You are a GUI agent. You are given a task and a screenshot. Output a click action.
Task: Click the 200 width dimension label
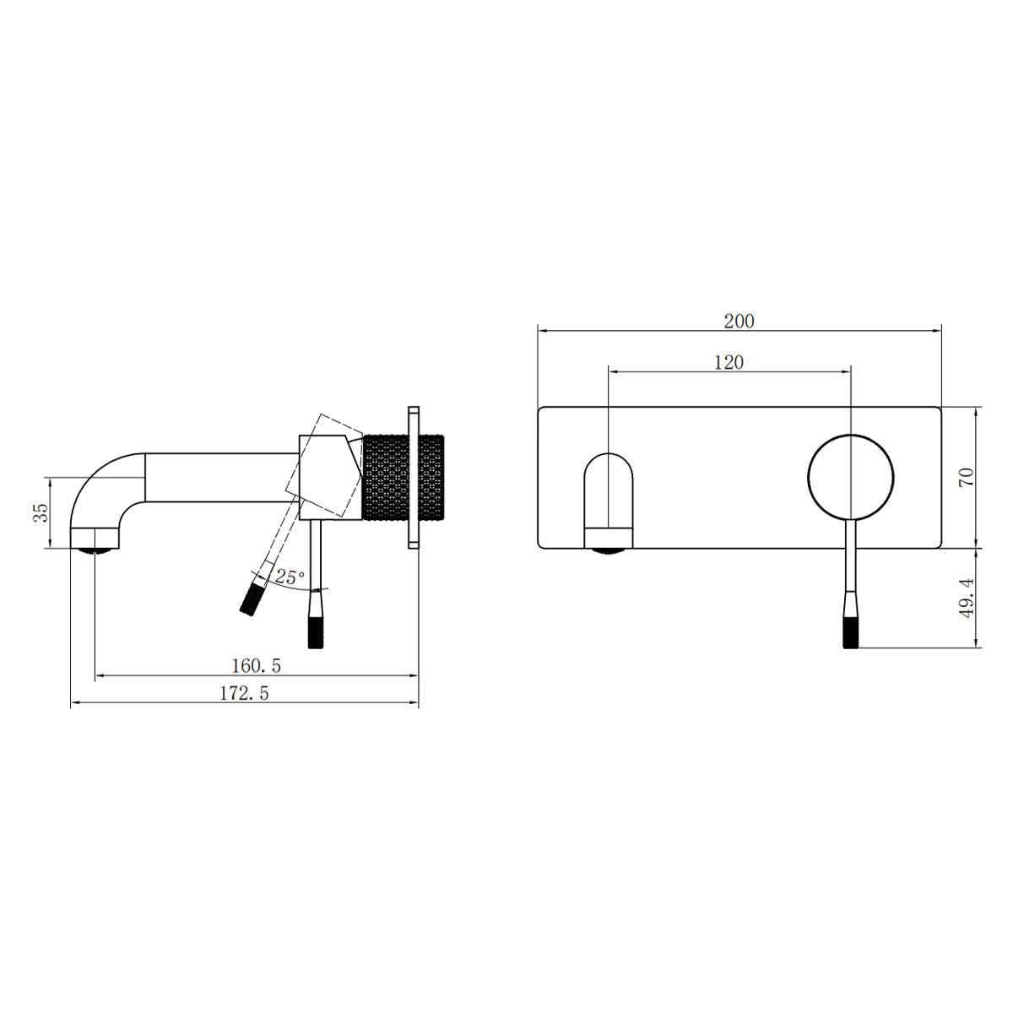click(x=739, y=321)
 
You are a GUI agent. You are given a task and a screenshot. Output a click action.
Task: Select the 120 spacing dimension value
click(x=729, y=362)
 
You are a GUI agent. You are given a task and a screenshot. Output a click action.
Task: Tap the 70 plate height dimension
click(x=967, y=476)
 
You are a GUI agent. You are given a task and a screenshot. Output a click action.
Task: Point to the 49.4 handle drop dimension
click(x=967, y=597)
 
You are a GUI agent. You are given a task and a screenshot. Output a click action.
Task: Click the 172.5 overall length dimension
click(x=244, y=693)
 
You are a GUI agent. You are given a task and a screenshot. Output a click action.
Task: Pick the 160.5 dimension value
click(x=256, y=665)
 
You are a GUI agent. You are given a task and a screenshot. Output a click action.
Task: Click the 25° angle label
click(x=290, y=577)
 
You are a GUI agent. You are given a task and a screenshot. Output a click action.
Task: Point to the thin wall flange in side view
click(x=414, y=477)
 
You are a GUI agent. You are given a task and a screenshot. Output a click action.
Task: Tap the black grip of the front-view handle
click(x=851, y=632)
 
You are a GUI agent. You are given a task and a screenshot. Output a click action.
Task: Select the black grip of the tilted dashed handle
click(x=251, y=599)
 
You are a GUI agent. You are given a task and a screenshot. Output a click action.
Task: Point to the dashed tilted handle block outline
click(x=325, y=464)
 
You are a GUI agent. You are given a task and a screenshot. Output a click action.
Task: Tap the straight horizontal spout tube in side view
click(x=222, y=478)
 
